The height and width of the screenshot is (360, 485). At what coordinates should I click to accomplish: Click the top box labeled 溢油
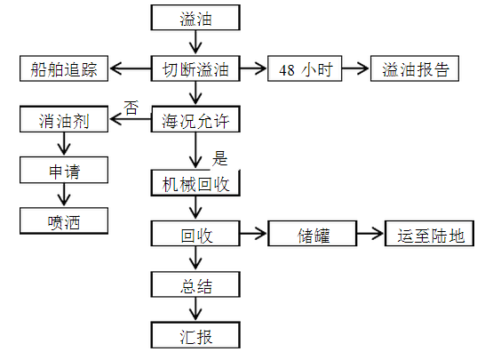(195, 18)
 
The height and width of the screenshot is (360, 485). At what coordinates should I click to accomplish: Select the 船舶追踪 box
(64, 68)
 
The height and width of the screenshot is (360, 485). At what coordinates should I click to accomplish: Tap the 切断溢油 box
(195, 68)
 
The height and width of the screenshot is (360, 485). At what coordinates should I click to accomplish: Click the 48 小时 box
(305, 68)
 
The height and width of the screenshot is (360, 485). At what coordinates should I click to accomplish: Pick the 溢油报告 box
(415, 68)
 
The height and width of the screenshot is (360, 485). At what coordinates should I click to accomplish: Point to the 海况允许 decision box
(195, 119)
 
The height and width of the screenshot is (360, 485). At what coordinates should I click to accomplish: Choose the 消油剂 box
(64, 119)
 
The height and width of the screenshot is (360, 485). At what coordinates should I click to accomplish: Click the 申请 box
(64, 170)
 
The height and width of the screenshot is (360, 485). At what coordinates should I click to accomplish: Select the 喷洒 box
(64, 220)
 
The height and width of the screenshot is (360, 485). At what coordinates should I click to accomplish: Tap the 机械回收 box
(195, 182)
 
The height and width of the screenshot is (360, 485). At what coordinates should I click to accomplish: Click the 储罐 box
(313, 234)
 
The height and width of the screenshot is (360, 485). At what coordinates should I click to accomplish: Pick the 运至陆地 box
(430, 234)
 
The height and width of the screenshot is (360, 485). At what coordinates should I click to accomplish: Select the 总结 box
(195, 284)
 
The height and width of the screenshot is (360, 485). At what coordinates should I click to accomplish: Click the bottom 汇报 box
(195, 335)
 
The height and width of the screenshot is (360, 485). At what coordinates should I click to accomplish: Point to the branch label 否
(131, 108)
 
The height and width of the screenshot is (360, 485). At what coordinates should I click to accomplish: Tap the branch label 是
(219, 158)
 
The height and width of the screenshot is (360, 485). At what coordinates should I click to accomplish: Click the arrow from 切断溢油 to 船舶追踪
(131, 68)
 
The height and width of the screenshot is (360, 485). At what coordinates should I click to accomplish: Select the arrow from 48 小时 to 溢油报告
(355, 68)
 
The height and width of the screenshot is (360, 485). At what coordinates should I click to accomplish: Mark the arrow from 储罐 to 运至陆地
(370, 234)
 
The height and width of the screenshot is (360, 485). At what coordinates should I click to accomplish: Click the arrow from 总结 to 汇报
(195, 309)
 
